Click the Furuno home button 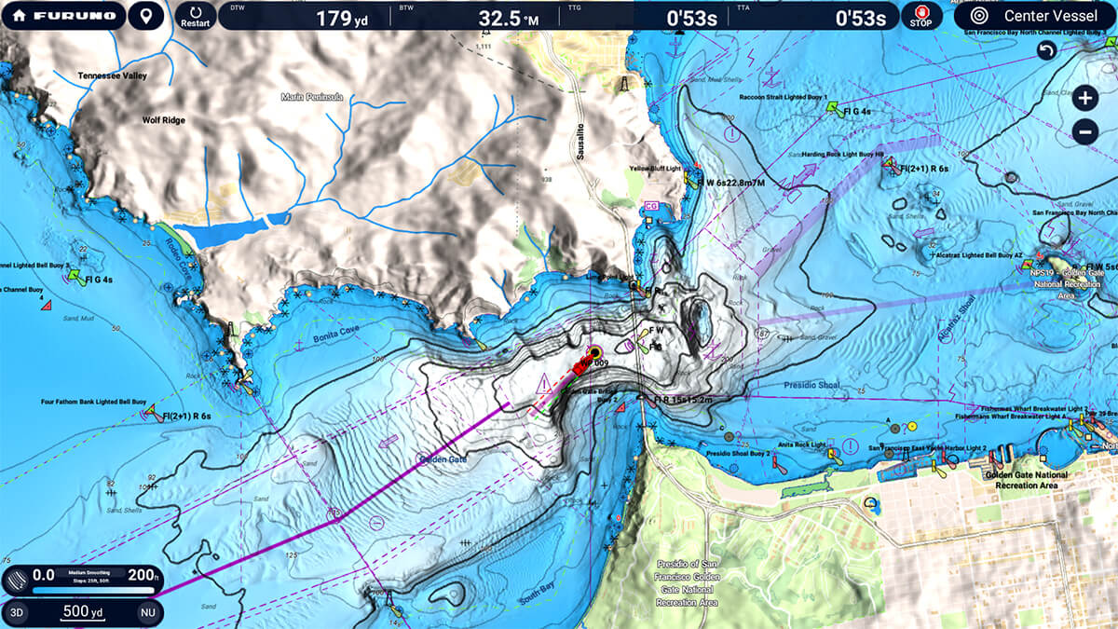click(x=62, y=16)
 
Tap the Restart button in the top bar click(x=196, y=16)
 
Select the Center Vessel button click(x=1034, y=16)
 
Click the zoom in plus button click(x=1084, y=97)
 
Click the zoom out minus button click(x=1084, y=132)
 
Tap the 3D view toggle click(x=18, y=611)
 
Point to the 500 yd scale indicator click(x=83, y=611)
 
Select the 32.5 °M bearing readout click(x=509, y=18)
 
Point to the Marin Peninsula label click(x=312, y=96)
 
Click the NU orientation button click(x=147, y=611)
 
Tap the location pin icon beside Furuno click(x=144, y=16)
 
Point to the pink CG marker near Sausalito click(x=651, y=204)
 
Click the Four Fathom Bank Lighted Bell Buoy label click(x=94, y=403)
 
